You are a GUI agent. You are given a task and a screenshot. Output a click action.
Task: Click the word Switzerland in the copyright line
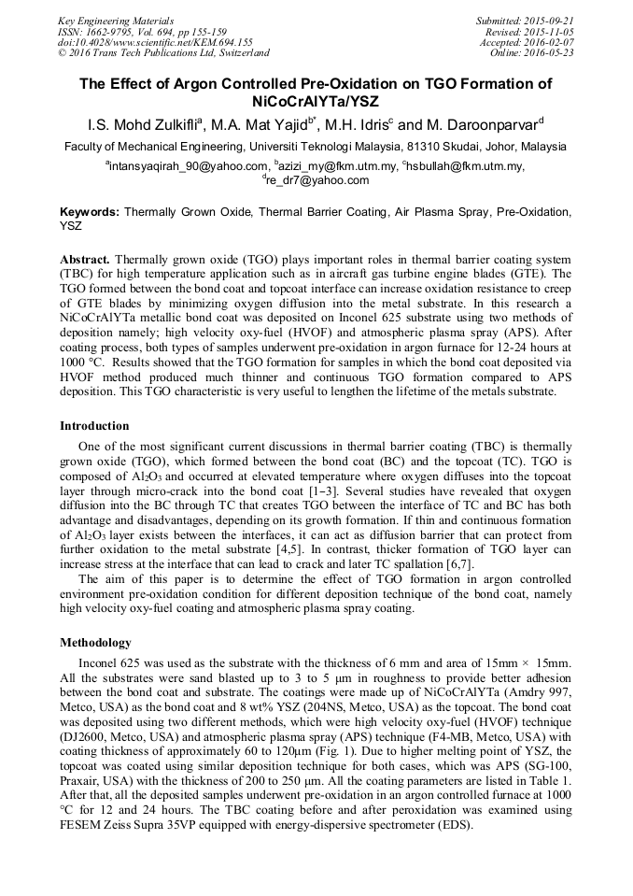[237, 53]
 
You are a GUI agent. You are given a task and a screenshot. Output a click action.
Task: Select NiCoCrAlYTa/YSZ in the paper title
[316, 101]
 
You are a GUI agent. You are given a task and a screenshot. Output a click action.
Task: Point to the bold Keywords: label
[90, 212]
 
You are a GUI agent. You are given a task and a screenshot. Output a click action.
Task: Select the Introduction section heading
[94, 426]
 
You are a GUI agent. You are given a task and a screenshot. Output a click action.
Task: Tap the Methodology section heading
[95, 643]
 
